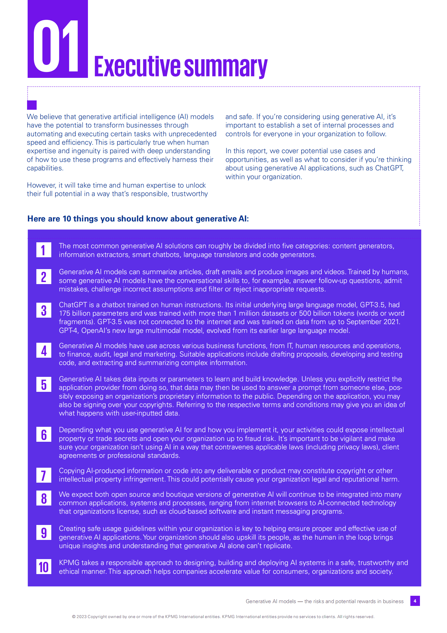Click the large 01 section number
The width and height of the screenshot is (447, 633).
[x=56, y=46]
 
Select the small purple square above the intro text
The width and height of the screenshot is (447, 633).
[x=32, y=105]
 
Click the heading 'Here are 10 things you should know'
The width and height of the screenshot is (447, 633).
[x=138, y=219]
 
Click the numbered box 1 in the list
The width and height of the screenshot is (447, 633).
[x=44, y=250]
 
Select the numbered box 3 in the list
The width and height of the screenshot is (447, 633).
[x=44, y=310]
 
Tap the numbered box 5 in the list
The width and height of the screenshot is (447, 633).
[x=44, y=384]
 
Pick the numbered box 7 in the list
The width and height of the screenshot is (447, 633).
[x=44, y=475]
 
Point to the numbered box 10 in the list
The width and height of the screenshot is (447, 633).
[x=44, y=567]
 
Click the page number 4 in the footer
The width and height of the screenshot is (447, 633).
[x=415, y=601]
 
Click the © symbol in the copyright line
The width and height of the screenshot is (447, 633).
[x=74, y=617]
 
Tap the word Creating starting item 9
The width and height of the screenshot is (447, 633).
[x=72, y=529]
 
